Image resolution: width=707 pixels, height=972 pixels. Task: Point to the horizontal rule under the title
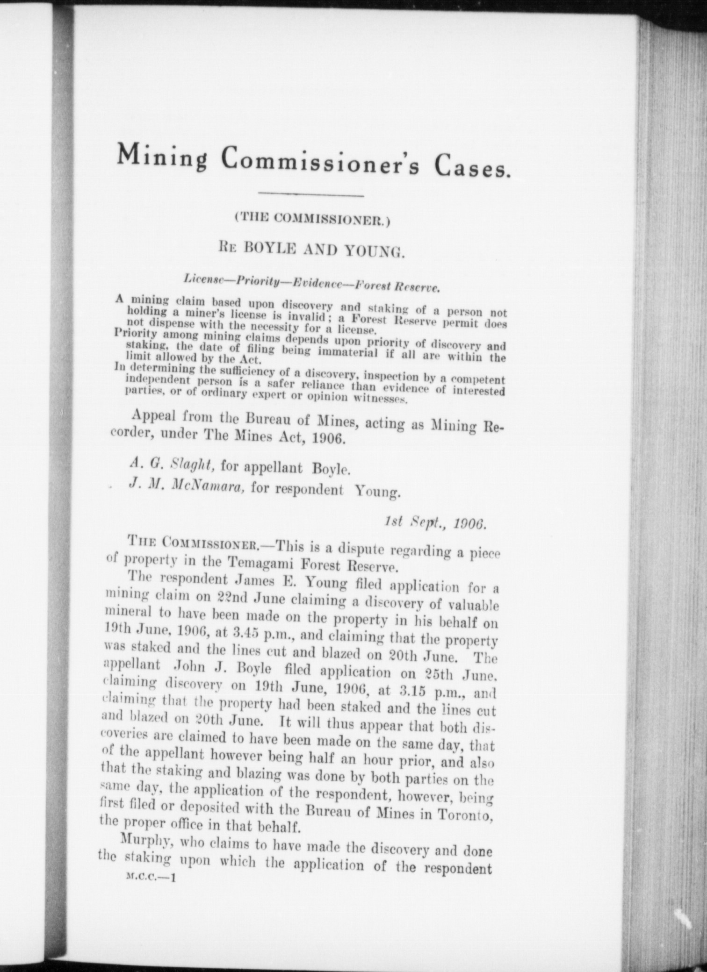[310, 194]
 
